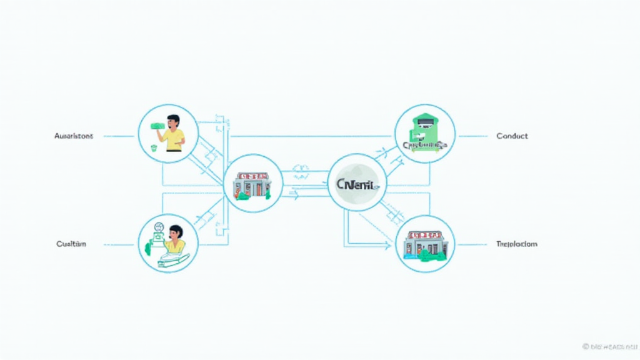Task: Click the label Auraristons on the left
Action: tap(74, 136)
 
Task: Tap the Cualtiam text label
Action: tap(71, 244)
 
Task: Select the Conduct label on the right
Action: tap(512, 136)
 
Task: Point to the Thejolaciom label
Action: tap(516, 244)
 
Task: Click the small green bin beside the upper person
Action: tap(154, 149)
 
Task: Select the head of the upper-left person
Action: tap(173, 121)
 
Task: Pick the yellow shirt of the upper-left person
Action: tap(174, 138)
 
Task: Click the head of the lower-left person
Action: tap(176, 232)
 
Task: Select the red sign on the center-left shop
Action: tap(252, 176)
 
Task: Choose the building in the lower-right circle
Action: tap(426, 243)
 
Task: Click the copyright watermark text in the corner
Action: tap(609, 346)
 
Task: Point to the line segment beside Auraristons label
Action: tap(119, 136)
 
